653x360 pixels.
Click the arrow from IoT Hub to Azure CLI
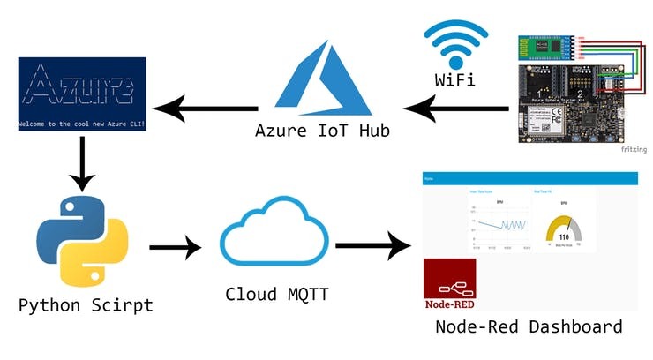(205, 109)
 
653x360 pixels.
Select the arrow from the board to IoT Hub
(456, 109)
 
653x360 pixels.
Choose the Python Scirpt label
(86, 306)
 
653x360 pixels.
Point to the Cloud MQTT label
(277, 294)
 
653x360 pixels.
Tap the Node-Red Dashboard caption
(528, 326)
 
